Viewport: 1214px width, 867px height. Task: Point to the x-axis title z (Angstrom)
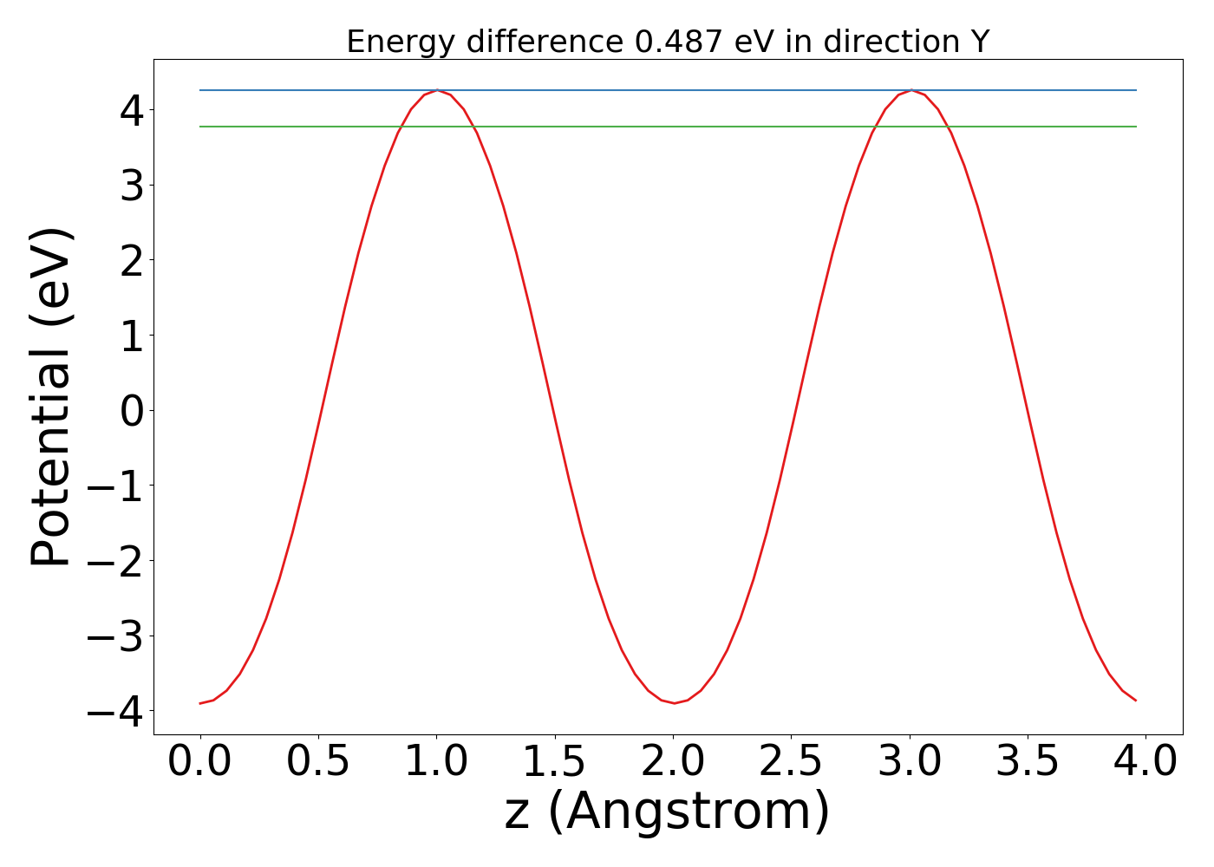[x=667, y=812]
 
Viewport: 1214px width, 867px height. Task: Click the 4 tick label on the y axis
[x=132, y=110]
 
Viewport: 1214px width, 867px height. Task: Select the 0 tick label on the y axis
[x=132, y=410]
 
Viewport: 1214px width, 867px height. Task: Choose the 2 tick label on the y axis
[x=132, y=260]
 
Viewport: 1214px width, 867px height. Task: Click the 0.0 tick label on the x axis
[x=200, y=762]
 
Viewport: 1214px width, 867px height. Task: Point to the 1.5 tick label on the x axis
[x=555, y=762]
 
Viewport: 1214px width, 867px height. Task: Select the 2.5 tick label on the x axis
[x=791, y=762]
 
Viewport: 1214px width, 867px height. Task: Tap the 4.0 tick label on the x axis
[x=1145, y=762]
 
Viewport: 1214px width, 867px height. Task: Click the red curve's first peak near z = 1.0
[x=437, y=91]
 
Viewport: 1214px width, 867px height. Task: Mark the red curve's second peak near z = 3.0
[x=910, y=91]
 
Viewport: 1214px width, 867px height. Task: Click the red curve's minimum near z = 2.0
[x=674, y=703]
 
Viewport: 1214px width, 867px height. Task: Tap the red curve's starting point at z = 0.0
[x=200, y=703]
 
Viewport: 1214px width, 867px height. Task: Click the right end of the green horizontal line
[x=1136, y=127]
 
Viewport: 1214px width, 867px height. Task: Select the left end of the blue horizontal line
[x=200, y=90]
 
